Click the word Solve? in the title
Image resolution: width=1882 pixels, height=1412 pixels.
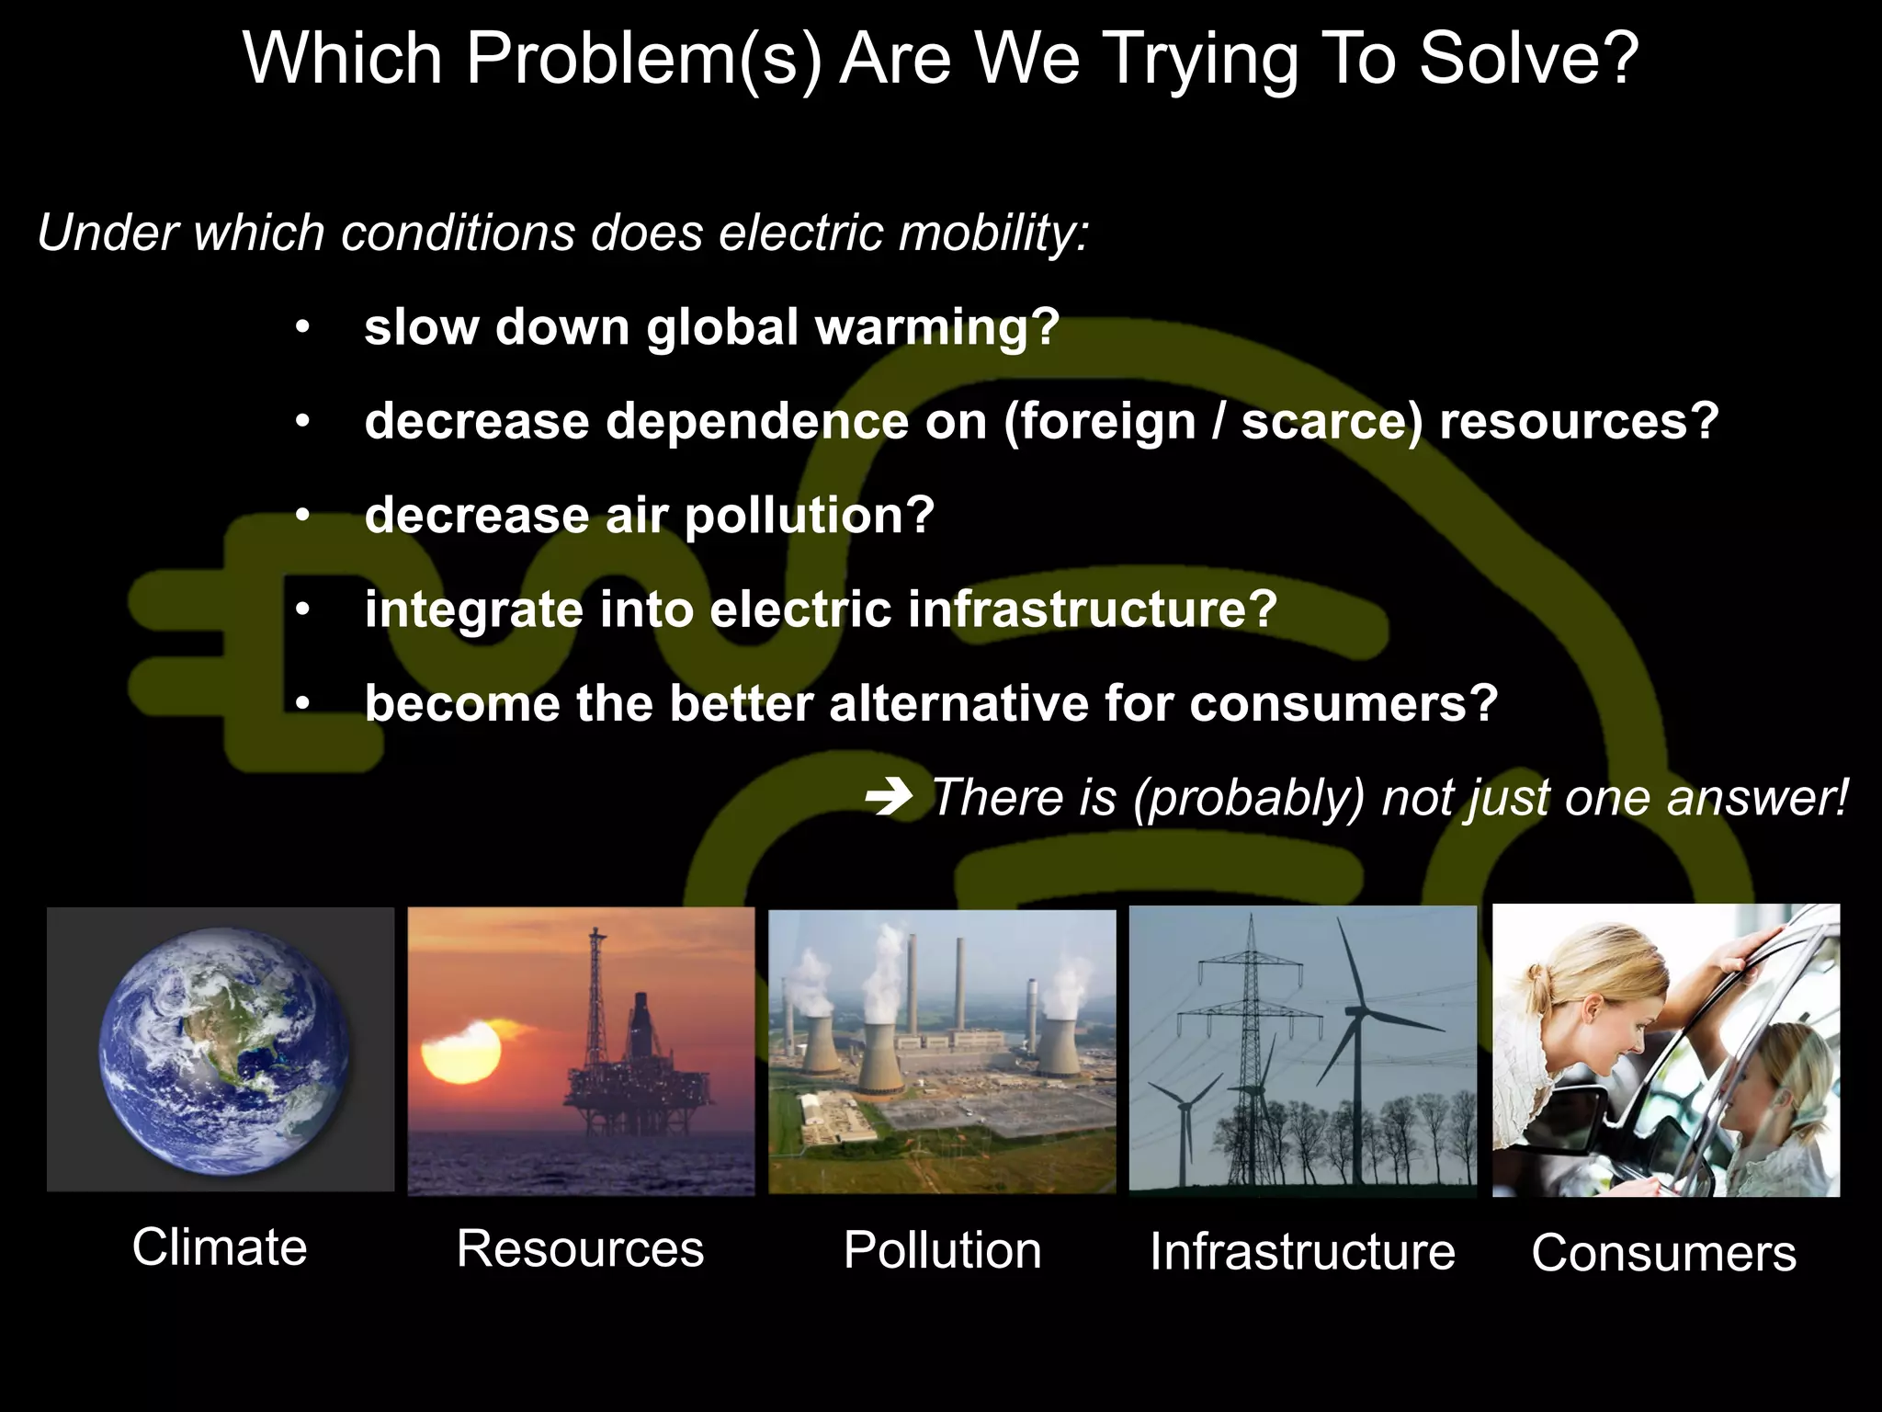click(x=1528, y=58)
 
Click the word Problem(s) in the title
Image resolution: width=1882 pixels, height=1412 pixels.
click(x=642, y=60)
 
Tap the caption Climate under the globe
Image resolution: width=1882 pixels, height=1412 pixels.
click(x=220, y=1247)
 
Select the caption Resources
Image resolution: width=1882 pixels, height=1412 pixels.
click(x=580, y=1249)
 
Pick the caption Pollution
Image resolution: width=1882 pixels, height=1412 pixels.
click(x=942, y=1250)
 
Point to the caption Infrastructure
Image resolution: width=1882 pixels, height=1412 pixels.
click(x=1302, y=1252)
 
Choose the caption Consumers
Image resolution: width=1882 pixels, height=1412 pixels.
click(x=1663, y=1253)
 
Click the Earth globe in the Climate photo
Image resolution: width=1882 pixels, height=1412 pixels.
click(x=224, y=1050)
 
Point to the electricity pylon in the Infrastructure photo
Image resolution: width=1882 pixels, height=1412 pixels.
click(x=1250, y=1039)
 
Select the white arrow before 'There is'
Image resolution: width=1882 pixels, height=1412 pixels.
click(x=889, y=797)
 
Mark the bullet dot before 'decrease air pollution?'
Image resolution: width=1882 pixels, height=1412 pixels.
click(x=302, y=516)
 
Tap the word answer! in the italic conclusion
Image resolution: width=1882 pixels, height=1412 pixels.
click(x=1755, y=797)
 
